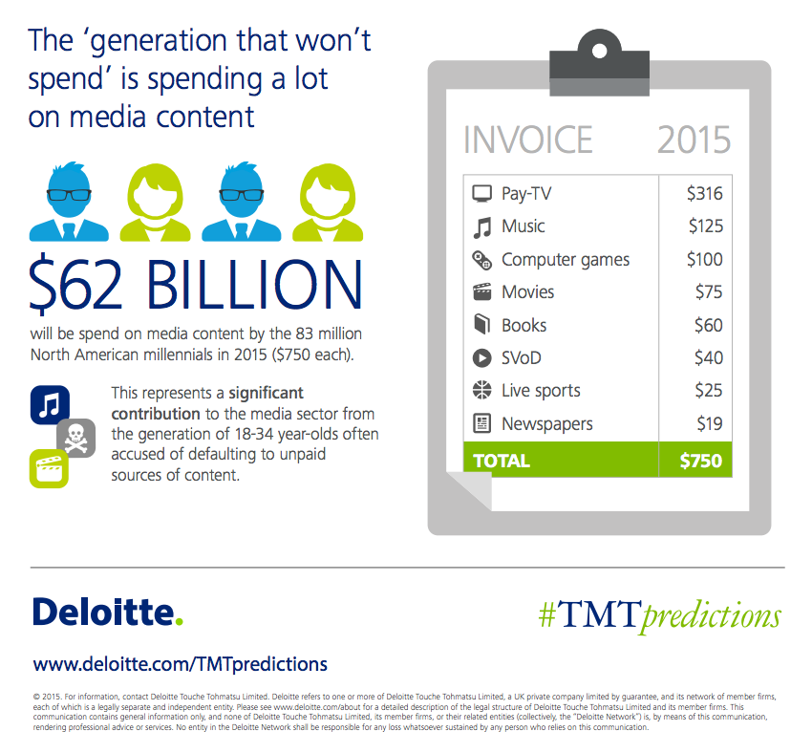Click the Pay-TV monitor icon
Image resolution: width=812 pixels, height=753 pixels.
[482, 194]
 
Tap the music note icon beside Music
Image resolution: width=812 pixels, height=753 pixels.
[482, 227]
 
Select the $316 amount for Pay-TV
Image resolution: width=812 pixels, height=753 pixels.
[704, 194]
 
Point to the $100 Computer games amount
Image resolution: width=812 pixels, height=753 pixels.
[704, 259]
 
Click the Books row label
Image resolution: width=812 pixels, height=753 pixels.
[524, 325]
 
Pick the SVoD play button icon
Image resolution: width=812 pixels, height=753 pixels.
[482, 358]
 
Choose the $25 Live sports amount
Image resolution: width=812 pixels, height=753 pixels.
[708, 391]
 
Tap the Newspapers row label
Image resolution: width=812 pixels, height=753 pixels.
[546, 423]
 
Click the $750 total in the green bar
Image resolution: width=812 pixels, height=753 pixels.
[700, 461]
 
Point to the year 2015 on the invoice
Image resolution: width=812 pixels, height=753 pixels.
[694, 140]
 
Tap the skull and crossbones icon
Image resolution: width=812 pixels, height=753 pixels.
[75, 437]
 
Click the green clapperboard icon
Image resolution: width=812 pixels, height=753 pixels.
[49, 468]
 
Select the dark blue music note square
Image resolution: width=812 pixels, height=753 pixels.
[50, 404]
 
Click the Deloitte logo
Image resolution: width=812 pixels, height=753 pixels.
[107, 613]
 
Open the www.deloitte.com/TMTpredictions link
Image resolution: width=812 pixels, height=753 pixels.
[181, 663]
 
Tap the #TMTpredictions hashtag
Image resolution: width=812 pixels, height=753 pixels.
[659, 615]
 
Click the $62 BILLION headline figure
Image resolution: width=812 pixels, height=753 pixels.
[196, 285]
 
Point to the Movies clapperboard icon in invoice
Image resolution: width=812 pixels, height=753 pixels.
[482, 292]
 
